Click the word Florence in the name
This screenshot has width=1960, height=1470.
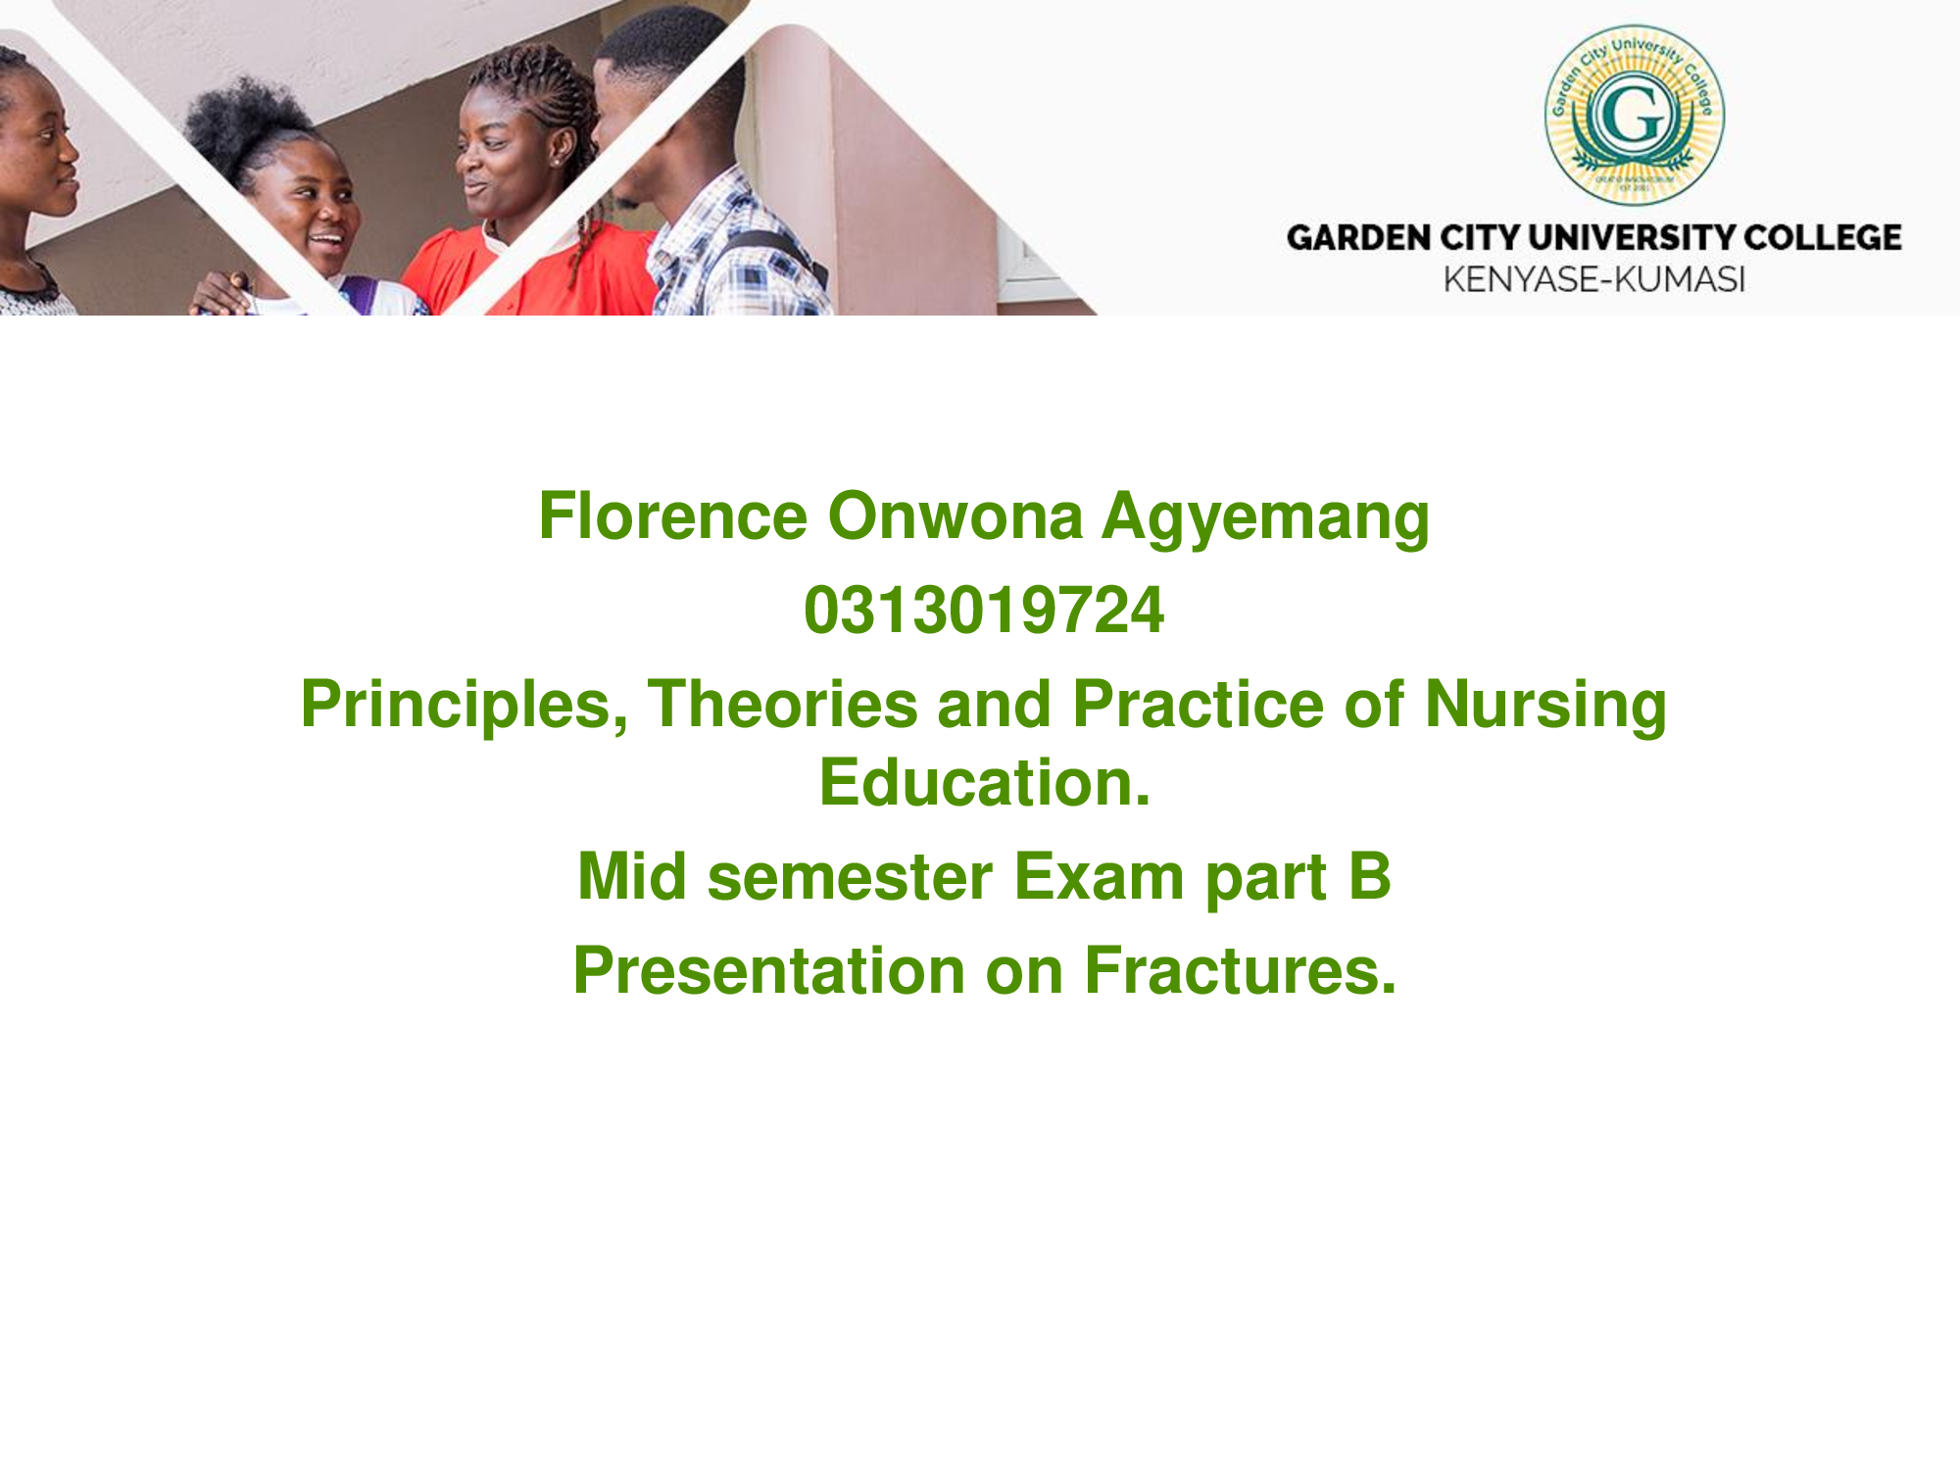[x=672, y=515]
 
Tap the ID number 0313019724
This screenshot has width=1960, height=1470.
[x=984, y=611]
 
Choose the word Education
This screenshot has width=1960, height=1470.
[x=985, y=783]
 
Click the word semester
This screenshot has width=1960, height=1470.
[x=850, y=877]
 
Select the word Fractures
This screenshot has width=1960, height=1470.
[x=1240, y=971]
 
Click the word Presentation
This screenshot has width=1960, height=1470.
[x=769, y=971]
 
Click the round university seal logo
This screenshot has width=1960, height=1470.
[x=1635, y=116]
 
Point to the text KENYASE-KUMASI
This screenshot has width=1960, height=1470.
[x=1594, y=280]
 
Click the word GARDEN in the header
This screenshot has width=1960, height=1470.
[x=1358, y=238]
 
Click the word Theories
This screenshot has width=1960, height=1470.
[x=782, y=705]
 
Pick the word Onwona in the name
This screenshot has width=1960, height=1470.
[x=955, y=515]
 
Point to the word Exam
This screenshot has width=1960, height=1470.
[x=1099, y=877]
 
